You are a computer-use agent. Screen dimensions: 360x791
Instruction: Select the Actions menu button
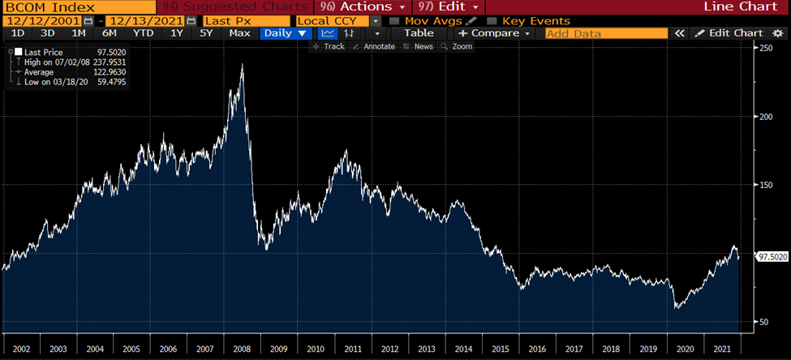pyautogui.click(x=363, y=6)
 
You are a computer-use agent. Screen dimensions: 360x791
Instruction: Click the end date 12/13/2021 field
pyautogui.click(x=144, y=20)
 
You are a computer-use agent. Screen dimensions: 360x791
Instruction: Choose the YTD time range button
pyautogui.click(x=143, y=33)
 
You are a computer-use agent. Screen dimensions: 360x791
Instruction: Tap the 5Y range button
pyautogui.click(x=206, y=33)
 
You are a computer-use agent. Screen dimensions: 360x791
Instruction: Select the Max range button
pyautogui.click(x=239, y=33)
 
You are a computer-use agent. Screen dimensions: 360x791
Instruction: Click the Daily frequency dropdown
pyautogui.click(x=285, y=33)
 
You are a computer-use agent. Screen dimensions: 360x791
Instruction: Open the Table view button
pyautogui.click(x=419, y=33)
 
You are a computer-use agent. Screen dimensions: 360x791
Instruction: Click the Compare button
pyautogui.click(x=493, y=33)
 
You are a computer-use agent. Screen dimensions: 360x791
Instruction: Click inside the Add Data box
pyautogui.click(x=604, y=33)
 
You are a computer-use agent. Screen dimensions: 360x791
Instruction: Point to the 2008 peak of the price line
pyautogui.click(x=242, y=64)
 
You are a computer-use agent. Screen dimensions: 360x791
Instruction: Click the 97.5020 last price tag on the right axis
pyautogui.click(x=772, y=256)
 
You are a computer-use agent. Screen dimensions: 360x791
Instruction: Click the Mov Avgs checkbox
pyautogui.click(x=394, y=20)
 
